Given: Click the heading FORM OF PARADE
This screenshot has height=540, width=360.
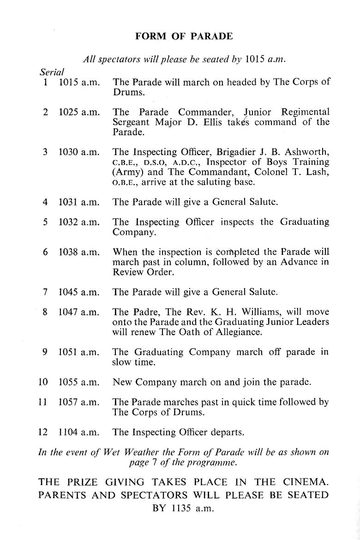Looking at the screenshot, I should [184, 36].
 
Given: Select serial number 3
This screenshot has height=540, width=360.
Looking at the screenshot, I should [45, 152].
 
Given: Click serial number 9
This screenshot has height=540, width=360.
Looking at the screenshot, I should [45, 352].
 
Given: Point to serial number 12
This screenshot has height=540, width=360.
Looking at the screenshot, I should [43, 432].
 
